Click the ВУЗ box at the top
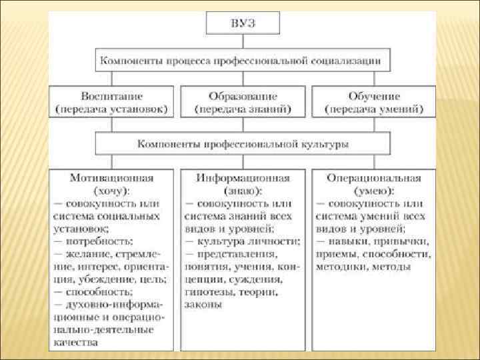point(243,23)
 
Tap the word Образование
point(243,95)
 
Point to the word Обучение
point(374,95)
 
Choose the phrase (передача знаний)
point(243,107)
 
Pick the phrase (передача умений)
point(374,107)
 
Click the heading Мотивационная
point(111,178)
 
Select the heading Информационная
point(243,178)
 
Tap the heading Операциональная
point(373,178)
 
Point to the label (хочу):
point(111,191)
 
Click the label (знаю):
point(243,191)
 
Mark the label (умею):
point(373,191)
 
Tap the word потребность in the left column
point(97,241)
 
